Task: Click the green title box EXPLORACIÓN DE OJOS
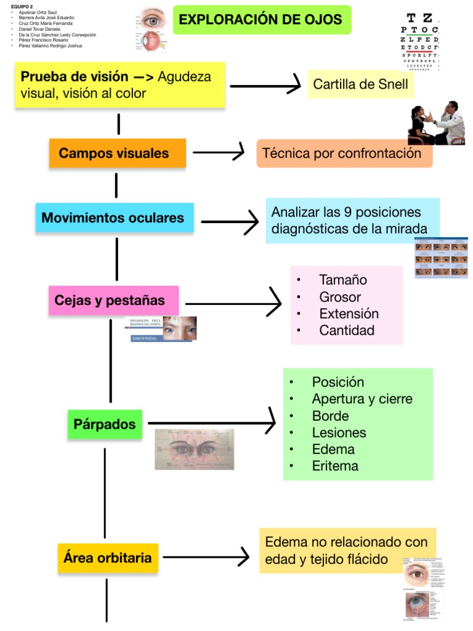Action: (x=261, y=20)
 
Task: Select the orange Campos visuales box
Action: (x=117, y=153)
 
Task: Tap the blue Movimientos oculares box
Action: (x=115, y=218)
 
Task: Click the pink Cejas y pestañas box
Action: (x=113, y=301)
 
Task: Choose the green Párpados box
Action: (x=105, y=424)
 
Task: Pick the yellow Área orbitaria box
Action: (x=108, y=558)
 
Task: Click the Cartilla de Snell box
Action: (x=360, y=84)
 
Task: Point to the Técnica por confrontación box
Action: (x=344, y=153)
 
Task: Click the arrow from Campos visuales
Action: (x=219, y=152)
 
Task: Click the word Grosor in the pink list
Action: (x=340, y=296)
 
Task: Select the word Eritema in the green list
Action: (x=334, y=466)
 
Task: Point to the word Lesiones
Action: (x=339, y=433)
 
